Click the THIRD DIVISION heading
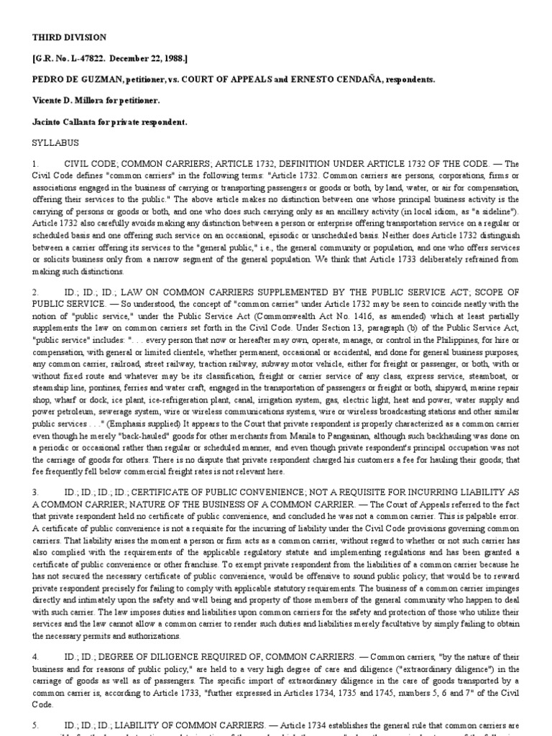coord(69,37)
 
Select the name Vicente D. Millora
coord(70,101)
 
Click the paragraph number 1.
coord(35,165)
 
